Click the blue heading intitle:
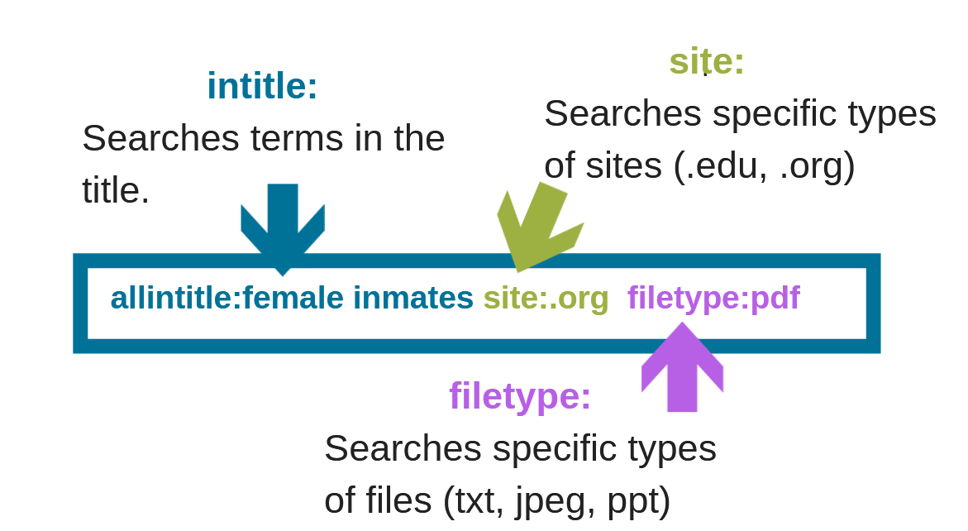click(262, 86)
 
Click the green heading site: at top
click(707, 61)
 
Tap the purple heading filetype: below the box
click(520, 395)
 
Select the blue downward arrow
click(283, 226)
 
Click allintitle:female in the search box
click(227, 298)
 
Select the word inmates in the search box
click(412, 298)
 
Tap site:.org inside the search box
click(546, 298)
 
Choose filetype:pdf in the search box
click(713, 298)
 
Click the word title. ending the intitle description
click(116, 190)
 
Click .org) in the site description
click(817, 165)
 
